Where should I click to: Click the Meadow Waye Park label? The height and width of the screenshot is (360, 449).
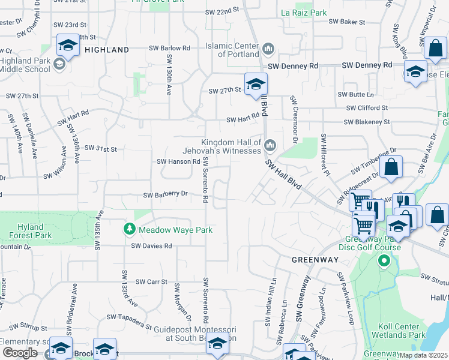[175, 230]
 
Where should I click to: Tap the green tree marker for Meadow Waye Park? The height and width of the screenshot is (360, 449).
[129, 229]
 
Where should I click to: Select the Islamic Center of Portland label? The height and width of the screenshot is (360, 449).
[232, 50]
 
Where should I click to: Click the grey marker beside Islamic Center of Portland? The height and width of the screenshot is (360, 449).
[268, 48]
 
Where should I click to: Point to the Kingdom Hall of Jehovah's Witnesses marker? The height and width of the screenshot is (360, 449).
[270, 145]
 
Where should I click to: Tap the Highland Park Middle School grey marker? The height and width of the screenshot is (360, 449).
[59, 64]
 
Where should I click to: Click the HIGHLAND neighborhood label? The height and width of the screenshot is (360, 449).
[107, 50]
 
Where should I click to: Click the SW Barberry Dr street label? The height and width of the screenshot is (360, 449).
[166, 194]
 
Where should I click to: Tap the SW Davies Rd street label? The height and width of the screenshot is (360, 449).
[152, 246]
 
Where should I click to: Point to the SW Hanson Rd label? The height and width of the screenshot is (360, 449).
[178, 161]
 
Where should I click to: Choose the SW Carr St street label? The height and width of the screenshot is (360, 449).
[151, 281]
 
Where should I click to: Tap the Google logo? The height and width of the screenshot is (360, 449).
[20, 353]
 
